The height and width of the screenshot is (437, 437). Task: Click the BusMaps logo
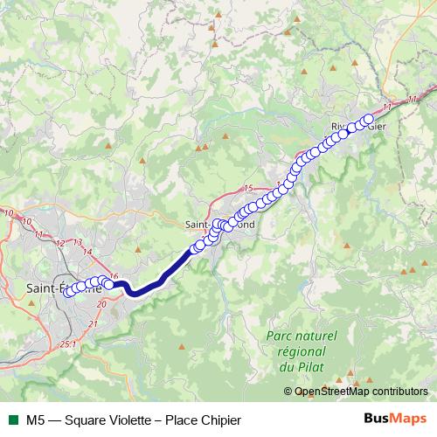point(394,420)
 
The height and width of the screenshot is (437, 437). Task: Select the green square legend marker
point(12,420)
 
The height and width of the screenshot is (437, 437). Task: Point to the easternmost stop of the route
point(368,119)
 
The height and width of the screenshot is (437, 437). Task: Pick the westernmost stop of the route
point(68,291)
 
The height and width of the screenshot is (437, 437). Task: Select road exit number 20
point(101,302)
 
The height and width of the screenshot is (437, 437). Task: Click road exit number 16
point(113,276)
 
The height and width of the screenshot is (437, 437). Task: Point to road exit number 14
point(87,251)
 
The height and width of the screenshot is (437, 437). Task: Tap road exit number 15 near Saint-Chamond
point(248,189)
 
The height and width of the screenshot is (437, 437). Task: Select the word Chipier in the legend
point(218,420)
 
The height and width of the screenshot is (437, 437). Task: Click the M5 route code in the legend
point(36,420)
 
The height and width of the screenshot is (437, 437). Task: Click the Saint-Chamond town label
point(220,224)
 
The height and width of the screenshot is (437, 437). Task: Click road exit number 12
point(60,242)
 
